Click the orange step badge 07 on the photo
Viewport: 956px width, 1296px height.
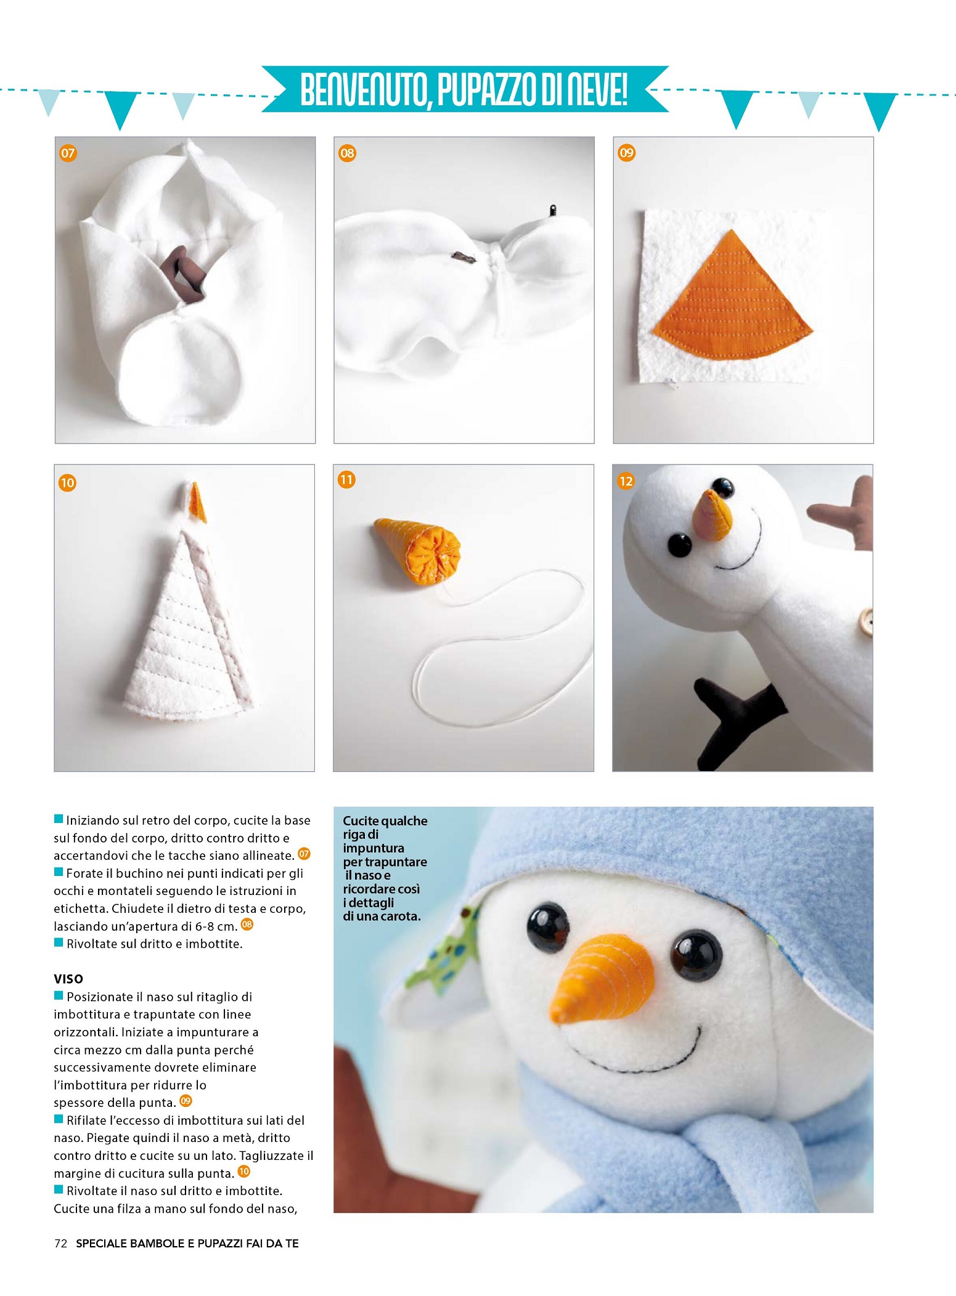click(x=68, y=153)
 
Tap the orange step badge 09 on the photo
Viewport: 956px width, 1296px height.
click(x=626, y=153)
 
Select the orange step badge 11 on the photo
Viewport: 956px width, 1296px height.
click(x=346, y=479)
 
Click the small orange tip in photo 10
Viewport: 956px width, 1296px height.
click(x=197, y=502)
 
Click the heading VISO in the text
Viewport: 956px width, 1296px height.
click(x=68, y=979)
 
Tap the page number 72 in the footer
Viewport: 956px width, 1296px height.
click(x=60, y=1243)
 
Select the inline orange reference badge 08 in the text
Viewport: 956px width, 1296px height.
click(x=247, y=924)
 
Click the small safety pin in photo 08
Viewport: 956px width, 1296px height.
click(x=553, y=210)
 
